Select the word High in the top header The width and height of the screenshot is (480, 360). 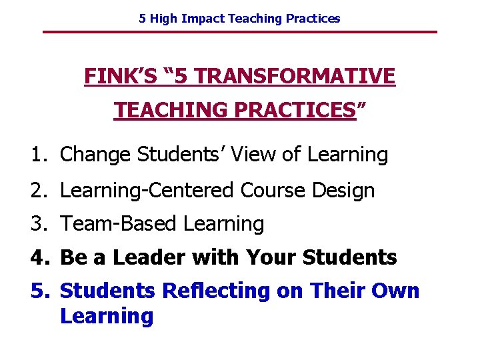pyautogui.click(x=164, y=19)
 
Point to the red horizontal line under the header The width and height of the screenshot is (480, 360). pyautogui.click(x=240, y=32)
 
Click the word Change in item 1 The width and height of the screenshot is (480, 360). pyautogui.click(x=96, y=155)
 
